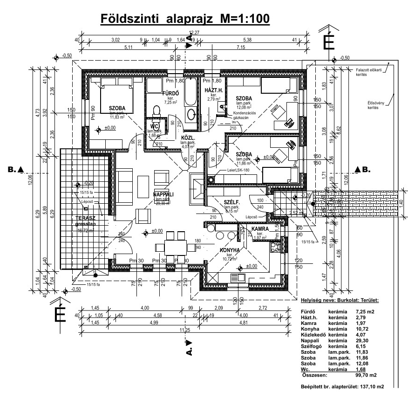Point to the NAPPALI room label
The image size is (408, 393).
(x=163, y=194)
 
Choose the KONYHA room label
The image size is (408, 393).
(x=230, y=250)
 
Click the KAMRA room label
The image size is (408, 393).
(x=260, y=229)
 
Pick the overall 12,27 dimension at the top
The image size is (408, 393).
(x=193, y=33)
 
